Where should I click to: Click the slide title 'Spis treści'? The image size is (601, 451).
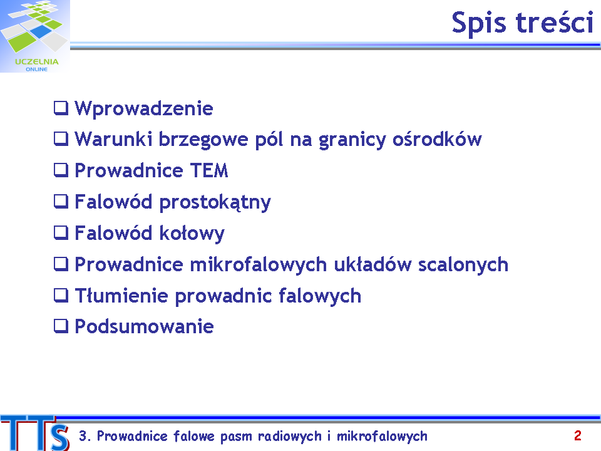[x=522, y=23]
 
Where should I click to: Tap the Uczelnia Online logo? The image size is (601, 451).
[x=35, y=36]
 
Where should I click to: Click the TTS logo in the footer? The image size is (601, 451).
[x=35, y=433]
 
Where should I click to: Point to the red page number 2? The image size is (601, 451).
[x=578, y=436]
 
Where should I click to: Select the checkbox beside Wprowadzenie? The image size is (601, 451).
[x=61, y=108]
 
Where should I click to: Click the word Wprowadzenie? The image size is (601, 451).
[x=144, y=108]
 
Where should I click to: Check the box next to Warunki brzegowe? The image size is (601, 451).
[x=61, y=139]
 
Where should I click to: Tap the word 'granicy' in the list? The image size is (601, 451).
[x=352, y=140]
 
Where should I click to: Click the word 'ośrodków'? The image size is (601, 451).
[x=437, y=139]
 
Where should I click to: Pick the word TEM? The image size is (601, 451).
[x=209, y=170]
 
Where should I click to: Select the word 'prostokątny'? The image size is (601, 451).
[x=215, y=203]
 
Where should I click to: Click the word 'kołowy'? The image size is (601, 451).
[x=192, y=234]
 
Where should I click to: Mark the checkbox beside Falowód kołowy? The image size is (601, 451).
[x=61, y=232]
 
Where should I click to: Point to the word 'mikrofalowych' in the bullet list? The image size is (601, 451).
[x=259, y=264]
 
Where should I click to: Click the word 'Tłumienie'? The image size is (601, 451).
[x=121, y=296]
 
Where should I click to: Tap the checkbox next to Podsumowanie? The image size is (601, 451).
[x=61, y=326]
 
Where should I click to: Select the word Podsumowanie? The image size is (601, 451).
[x=144, y=327]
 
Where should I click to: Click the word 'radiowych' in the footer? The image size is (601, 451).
[x=290, y=437]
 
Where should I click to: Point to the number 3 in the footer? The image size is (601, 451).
[x=83, y=436]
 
